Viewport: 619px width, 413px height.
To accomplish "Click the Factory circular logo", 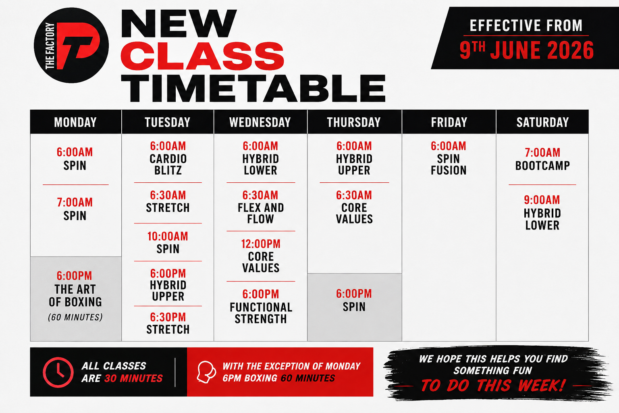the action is point(71,45).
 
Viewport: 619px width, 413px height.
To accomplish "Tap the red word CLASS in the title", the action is point(202,56).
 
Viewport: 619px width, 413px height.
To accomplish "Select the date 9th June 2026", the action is point(526,50).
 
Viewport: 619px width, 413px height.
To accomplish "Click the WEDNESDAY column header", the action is point(260,122).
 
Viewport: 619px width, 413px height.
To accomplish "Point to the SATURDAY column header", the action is point(543,122).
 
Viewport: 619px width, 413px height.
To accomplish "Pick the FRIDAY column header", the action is point(449,122).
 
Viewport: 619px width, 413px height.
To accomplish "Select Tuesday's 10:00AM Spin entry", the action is point(168,243).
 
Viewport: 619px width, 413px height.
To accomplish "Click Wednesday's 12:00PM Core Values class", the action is point(261,256).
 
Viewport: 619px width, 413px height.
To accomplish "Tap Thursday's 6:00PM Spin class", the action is point(354,300).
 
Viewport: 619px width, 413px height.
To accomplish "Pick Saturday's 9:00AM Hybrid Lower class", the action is point(542,213).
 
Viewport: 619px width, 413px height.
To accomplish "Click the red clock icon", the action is point(58,372).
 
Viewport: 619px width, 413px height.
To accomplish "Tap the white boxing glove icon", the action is point(206,372).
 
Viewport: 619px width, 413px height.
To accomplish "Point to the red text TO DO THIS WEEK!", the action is point(493,385).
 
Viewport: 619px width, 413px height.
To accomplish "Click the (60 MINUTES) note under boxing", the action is point(75,317).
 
